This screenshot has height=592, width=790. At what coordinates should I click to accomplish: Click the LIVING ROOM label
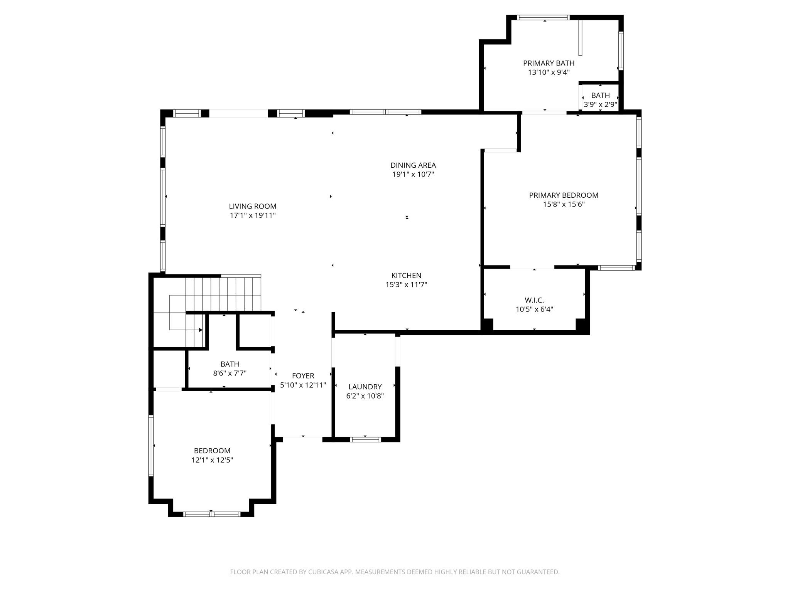(x=253, y=206)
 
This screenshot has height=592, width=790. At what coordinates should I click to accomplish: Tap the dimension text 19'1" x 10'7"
(x=413, y=175)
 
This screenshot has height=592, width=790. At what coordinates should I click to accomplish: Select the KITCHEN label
(x=406, y=276)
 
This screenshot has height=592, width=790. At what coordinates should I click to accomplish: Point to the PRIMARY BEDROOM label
(x=564, y=195)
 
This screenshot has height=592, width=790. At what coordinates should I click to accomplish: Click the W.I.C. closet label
(x=534, y=300)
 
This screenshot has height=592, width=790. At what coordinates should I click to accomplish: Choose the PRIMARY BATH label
(x=549, y=63)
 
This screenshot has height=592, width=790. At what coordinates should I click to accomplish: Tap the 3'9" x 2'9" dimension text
(x=600, y=104)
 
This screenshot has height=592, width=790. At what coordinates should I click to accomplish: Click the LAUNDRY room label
(x=365, y=387)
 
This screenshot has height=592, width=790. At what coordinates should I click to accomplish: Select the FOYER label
(x=303, y=376)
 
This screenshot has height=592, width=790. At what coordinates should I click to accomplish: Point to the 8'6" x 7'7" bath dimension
(x=230, y=373)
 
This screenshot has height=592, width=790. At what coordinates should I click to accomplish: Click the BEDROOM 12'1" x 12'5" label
(x=212, y=451)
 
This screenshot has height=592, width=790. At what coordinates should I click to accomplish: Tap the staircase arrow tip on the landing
(x=201, y=330)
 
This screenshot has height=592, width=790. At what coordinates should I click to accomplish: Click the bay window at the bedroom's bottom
(x=211, y=514)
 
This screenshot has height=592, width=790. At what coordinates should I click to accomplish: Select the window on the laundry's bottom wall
(x=365, y=439)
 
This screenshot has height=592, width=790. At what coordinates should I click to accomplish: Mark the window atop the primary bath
(x=543, y=17)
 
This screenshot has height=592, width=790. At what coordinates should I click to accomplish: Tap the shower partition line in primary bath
(x=580, y=38)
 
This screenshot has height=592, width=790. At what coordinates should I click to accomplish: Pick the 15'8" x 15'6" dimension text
(x=564, y=205)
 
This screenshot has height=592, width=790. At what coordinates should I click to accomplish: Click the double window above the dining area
(x=385, y=112)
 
